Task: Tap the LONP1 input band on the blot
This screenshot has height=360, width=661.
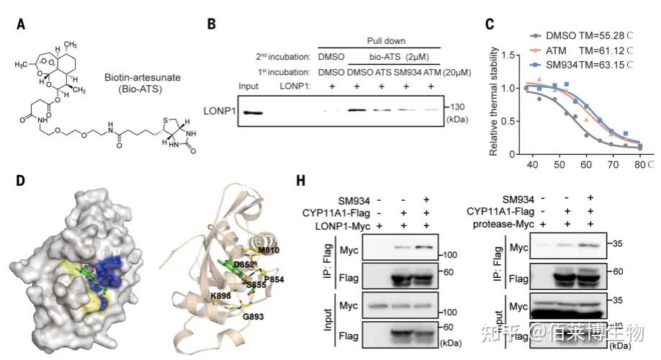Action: [254, 112]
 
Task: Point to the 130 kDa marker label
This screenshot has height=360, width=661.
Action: [457, 106]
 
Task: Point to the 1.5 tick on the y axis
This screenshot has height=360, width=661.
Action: [510, 54]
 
